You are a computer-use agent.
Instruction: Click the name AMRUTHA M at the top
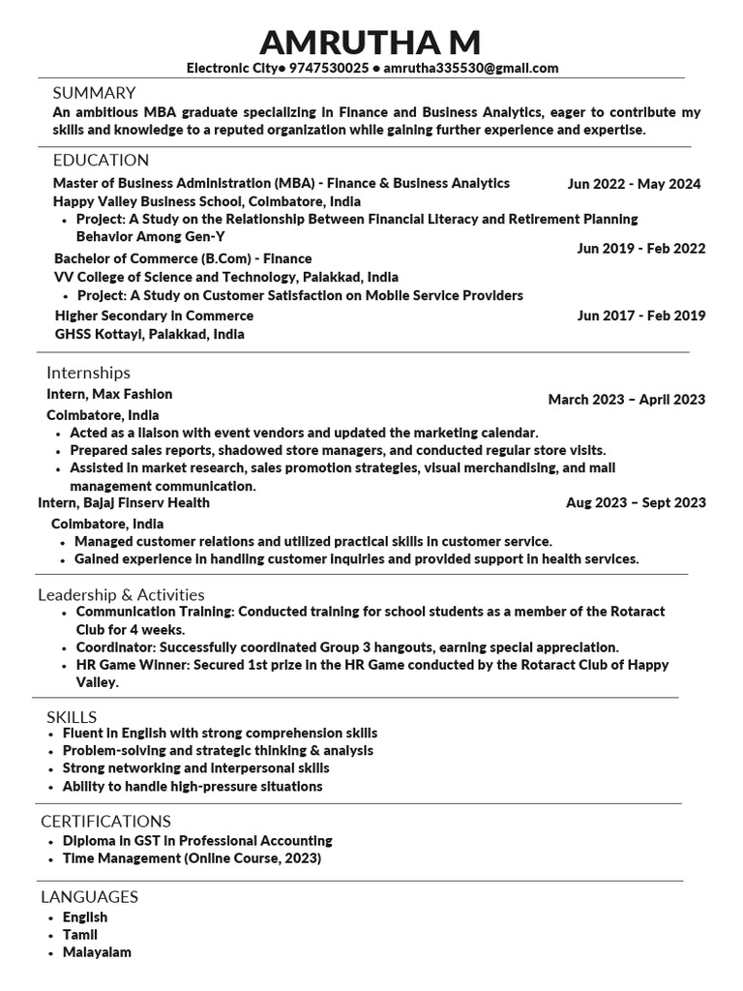point(371,43)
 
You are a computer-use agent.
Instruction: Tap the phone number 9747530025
point(328,69)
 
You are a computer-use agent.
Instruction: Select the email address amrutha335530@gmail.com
point(471,69)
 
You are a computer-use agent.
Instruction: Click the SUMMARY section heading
point(94,93)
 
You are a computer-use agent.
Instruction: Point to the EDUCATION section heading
point(101,161)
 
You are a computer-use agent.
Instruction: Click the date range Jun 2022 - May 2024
point(634,184)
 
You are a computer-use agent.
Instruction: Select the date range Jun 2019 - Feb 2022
point(640,249)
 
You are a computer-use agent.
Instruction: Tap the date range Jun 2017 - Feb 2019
point(640,315)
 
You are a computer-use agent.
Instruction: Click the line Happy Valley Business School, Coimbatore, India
point(207,201)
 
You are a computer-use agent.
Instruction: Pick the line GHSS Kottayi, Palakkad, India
point(149,334)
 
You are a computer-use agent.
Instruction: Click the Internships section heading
point(88,373)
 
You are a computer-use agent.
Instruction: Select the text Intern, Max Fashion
point(109,394)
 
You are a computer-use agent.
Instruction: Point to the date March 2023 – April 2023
point(626,400)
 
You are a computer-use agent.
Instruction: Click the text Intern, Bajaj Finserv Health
point(124,502)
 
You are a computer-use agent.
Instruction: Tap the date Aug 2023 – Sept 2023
point(636,502)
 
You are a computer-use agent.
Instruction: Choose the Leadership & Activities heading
point(121,595)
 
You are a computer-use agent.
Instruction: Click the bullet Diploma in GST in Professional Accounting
point(197,841)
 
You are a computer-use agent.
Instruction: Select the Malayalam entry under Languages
point(97,952)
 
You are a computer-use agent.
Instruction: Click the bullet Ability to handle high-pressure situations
point(193,787)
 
